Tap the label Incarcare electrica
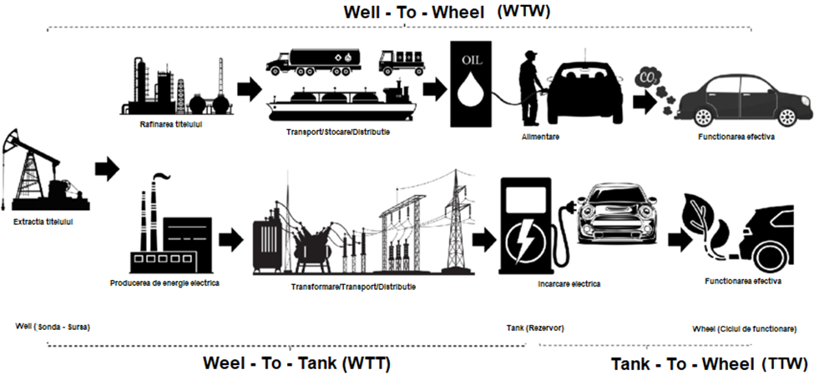pos(569,283)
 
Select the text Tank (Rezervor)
pos(535,327)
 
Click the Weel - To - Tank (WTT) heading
pos(297,363)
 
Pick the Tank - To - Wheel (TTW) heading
pos(710,364)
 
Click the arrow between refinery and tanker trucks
pos(249,88)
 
